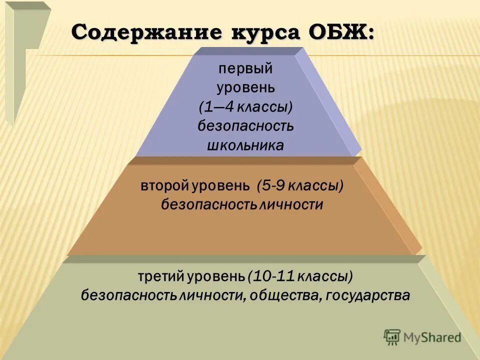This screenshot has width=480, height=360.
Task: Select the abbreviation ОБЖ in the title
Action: click(344, 33)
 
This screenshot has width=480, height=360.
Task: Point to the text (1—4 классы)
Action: click(245, 106)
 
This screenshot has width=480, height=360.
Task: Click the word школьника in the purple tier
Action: click(245, 145)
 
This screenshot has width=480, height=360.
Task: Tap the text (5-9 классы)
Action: click(300, 186)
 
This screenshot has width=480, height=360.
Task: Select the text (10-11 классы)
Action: click(300, 276)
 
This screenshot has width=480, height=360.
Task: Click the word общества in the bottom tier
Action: click(283, 295)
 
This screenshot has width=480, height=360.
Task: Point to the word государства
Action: click(367, 295)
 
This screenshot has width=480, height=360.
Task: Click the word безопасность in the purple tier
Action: click(245, 125)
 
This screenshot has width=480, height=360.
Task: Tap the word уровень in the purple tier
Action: click(245, 88)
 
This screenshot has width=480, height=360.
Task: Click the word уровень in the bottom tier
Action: click(217, 276)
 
